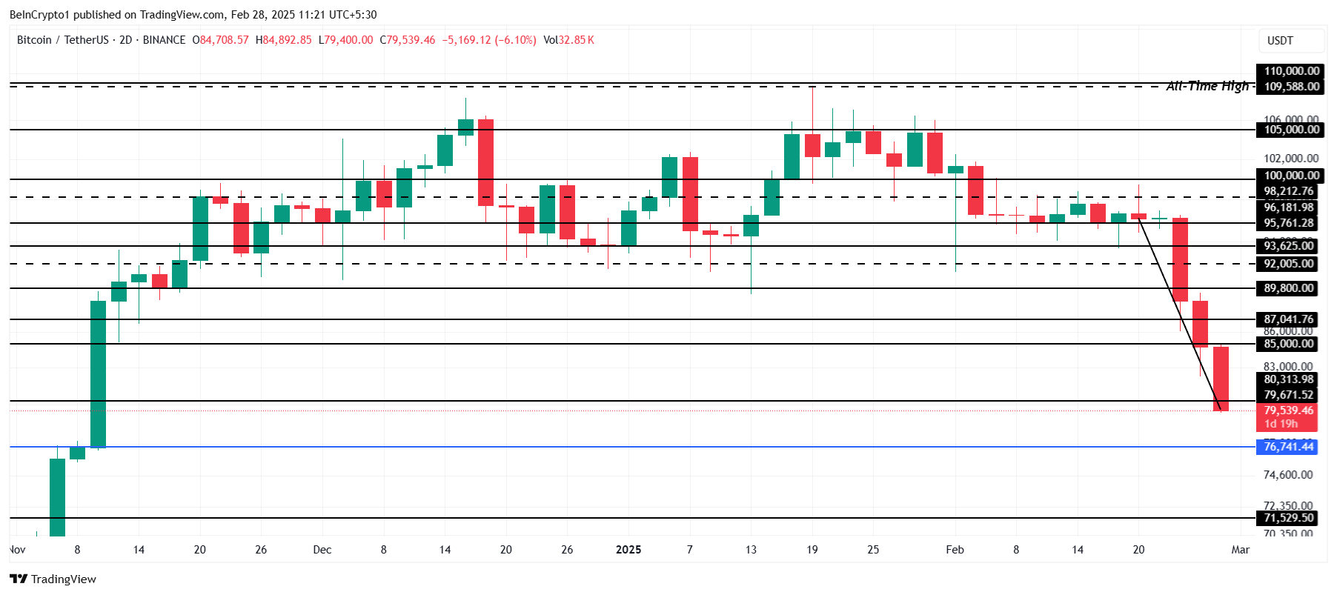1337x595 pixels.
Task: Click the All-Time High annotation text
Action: [1207, 86]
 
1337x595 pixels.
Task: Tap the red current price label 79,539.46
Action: [1288, 410]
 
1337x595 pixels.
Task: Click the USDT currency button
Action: [1280, 41]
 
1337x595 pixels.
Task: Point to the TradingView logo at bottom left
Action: [53, 579]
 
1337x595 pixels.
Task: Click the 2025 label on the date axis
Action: [628, 550]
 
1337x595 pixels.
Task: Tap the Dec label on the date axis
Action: [322, 550]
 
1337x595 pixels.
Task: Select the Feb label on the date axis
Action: [955, 550]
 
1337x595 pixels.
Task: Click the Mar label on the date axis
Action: [1240, 550]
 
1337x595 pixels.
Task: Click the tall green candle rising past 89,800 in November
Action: [98, 374]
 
